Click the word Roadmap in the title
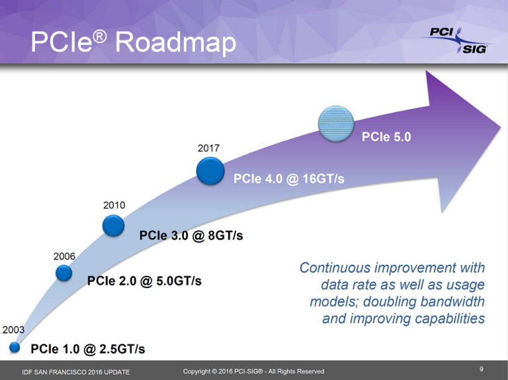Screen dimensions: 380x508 [175, 43]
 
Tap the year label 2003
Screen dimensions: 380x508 [14, 329]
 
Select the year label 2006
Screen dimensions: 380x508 [64, 256]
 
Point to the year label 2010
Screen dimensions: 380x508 [114, 205]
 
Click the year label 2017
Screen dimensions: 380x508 [208, 148]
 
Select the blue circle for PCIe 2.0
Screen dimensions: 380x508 [63, 272]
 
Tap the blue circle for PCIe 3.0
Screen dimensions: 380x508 [114, 226]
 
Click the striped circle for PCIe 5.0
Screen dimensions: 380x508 [336, 123]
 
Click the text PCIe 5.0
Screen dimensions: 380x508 [386, 138]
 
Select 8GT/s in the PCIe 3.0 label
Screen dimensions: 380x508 [221, 236]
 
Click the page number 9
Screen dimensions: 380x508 [481, 368]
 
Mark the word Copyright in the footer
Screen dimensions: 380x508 [199, 371]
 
